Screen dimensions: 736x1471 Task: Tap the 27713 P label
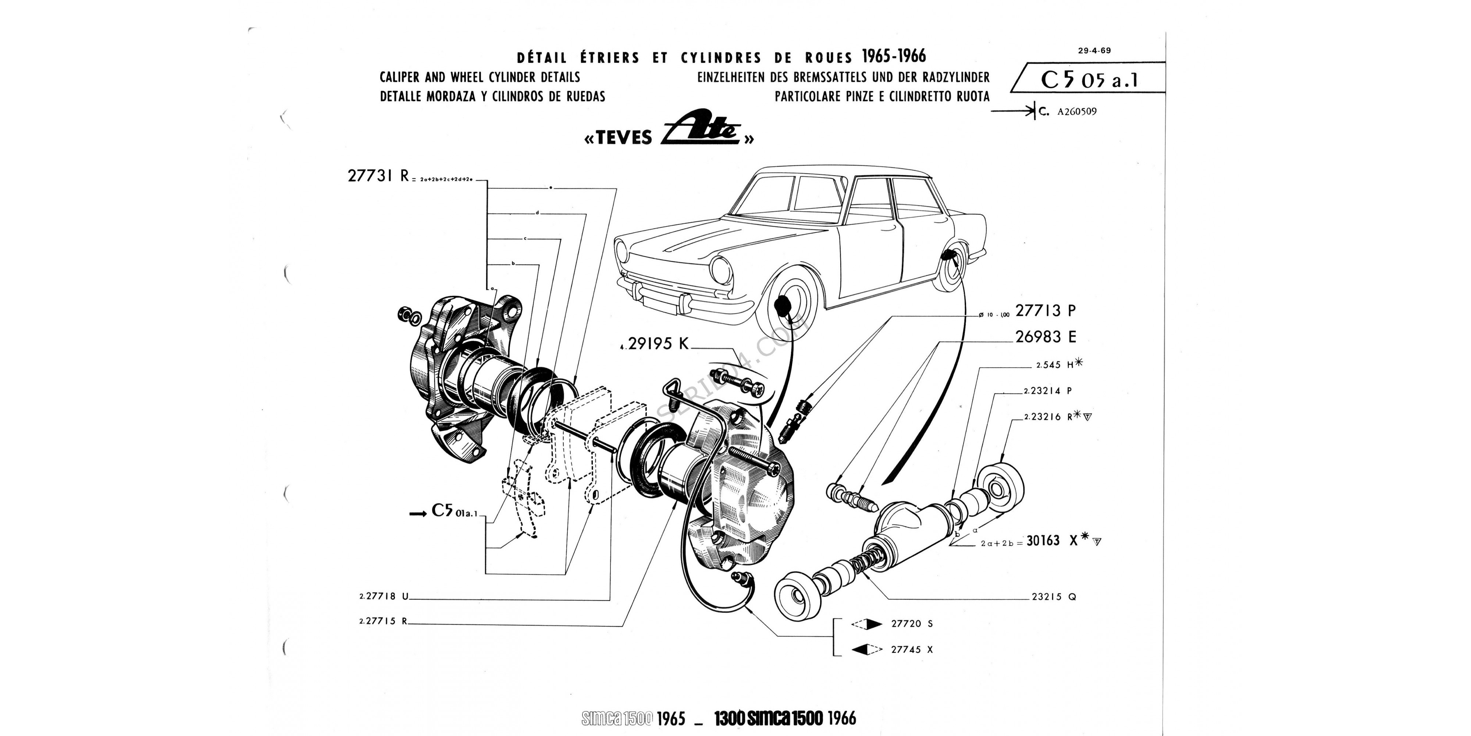1045,311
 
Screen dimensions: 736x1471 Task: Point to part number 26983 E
1045,337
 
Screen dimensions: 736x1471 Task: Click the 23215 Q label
1054,597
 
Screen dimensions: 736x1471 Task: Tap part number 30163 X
1051,541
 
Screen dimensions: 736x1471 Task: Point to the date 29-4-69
1094,50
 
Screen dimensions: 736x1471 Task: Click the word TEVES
619,138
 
